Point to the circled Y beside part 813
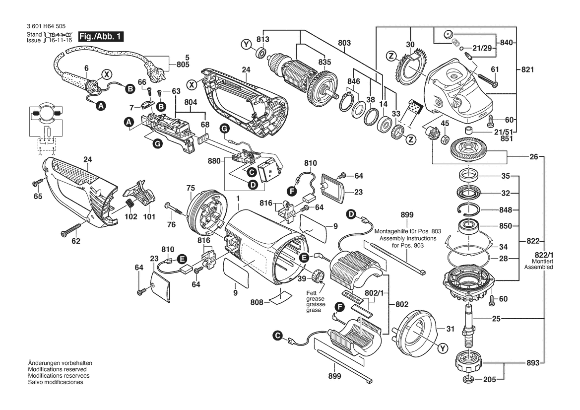click(x=244, y=45)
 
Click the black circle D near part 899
click(x=351, y=214)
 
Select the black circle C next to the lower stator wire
click(x=278, y=336)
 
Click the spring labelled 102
click(x=130, y=204)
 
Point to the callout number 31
click(x=450, y=328)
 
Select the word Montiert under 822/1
click(x=538, y=261)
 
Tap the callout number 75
click(x=191, y=188)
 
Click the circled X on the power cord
click(x=106, y=74)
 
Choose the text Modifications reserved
click(x=58, y=370)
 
